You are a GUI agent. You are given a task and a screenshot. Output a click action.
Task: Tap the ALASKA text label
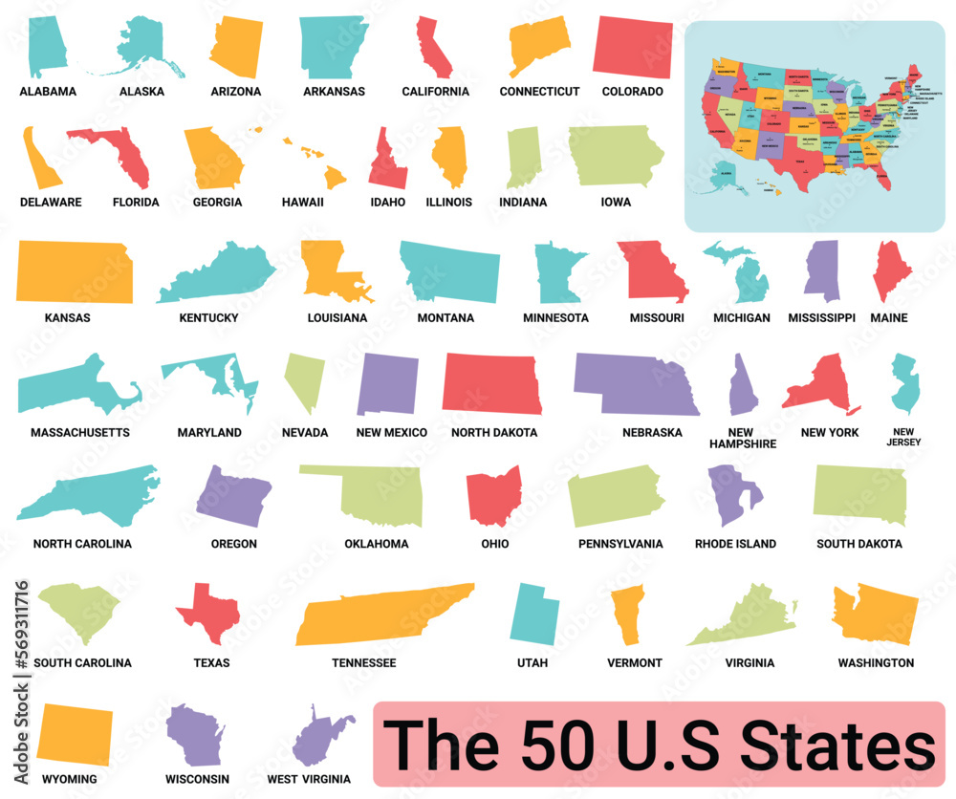(x=141, y=92)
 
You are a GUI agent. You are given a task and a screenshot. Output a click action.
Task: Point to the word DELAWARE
(x=51, y=203)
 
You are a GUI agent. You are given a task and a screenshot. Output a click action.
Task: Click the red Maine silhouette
(x=891, y=271)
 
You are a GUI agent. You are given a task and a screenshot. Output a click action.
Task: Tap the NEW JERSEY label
(x=903, y=437)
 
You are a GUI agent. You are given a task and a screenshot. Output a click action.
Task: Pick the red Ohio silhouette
(x=493, y=495)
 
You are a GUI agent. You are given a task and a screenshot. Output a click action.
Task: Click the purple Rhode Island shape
(x=732, y=493)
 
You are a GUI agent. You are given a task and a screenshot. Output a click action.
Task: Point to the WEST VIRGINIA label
(x=309, y=779)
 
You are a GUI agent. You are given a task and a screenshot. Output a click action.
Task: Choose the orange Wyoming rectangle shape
(x=74, y=735)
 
